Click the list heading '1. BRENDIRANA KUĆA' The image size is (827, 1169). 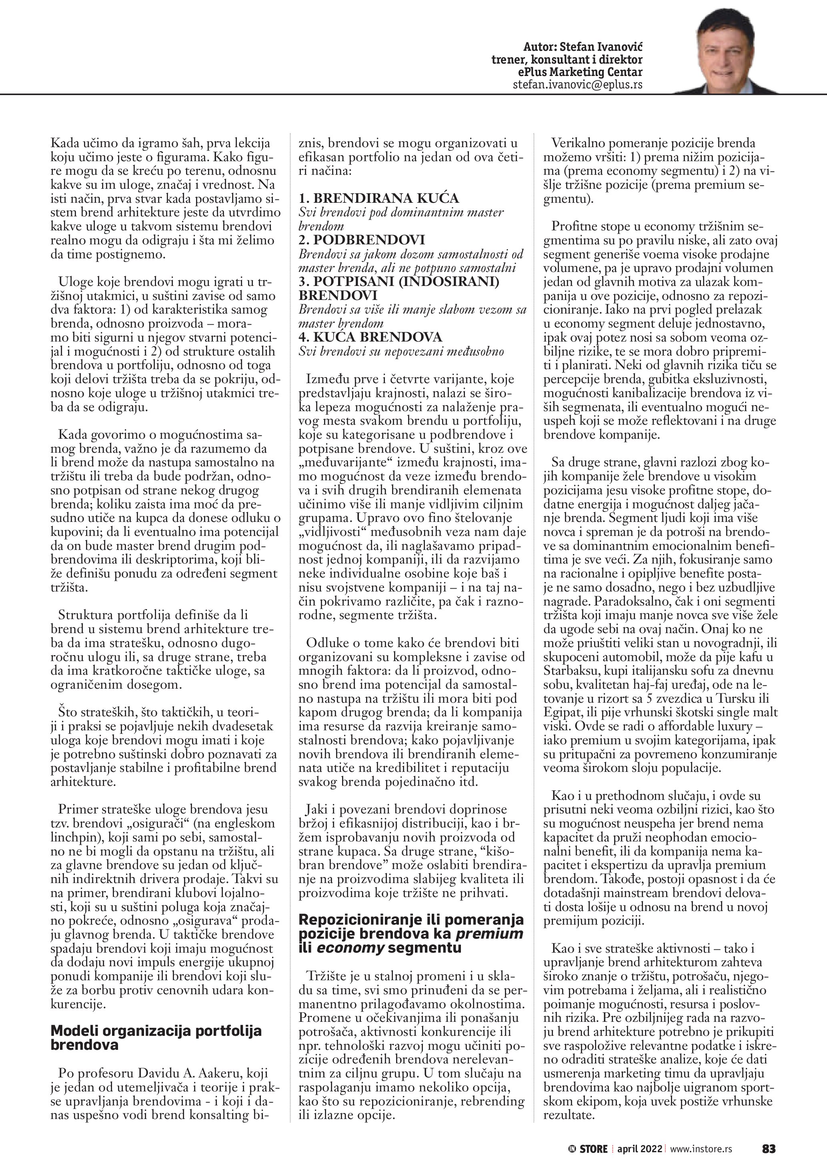(x=379, y=198)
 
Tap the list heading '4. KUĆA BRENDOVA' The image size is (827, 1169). (x=371, y=337)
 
